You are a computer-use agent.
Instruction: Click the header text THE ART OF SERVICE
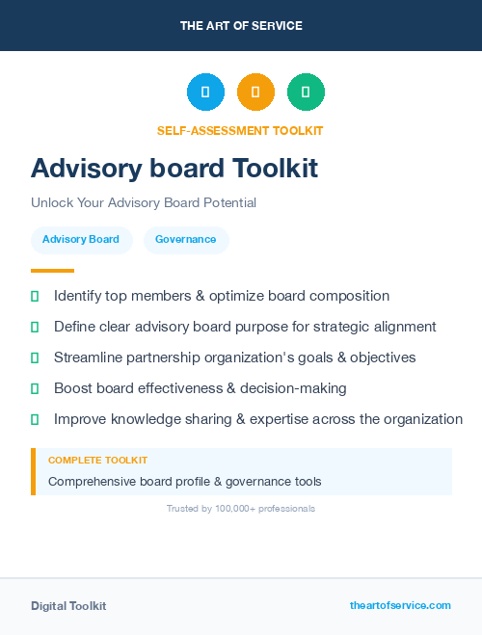[x=241, y=26]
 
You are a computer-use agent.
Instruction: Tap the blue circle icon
[x=205, y=93]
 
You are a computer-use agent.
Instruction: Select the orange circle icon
[x=255, y=93]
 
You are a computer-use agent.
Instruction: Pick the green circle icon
[x=306, y=93]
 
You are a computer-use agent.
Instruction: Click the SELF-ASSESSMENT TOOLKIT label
[x=240, y=131]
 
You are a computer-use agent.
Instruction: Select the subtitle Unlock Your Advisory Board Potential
[x=144, y=203]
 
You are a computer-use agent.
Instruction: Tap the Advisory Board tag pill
[x=81, y=239]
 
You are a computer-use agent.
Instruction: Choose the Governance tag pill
[x=186, y=239]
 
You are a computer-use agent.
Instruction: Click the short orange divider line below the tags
[x=52, y=271]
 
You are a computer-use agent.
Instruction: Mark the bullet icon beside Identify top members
[x=35, y=296]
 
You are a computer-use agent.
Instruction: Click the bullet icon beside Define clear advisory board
[x=35, y=327]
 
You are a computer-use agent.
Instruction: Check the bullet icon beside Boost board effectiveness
[x=35, y=388]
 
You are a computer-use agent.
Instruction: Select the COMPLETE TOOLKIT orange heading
[x=97, y=461]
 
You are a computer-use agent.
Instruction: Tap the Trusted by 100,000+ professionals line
[x=241, y=508]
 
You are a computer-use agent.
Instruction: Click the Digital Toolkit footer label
[x=68, y=606]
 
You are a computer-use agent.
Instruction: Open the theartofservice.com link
[x=400, y=605]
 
